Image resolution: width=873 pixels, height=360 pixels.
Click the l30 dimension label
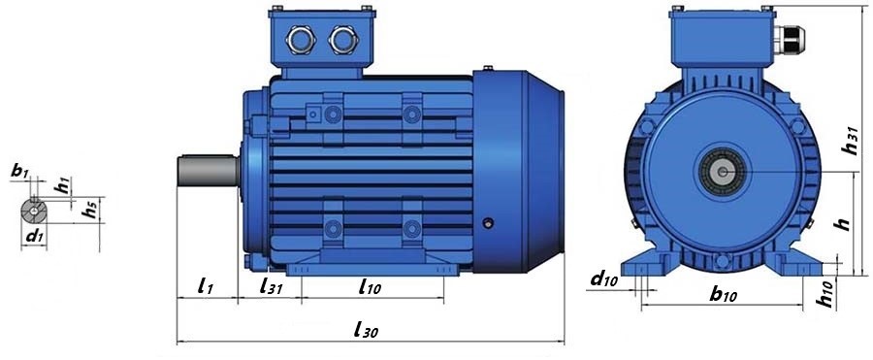coord(366,330)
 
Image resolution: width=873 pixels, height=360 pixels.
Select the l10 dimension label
coord(371,287)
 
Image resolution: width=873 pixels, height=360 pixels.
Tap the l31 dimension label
coord(272,287)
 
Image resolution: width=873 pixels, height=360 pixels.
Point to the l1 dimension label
coord(206,286)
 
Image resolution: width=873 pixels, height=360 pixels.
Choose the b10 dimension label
coord(724,294)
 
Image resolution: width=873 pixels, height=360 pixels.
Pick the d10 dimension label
coord(604,279)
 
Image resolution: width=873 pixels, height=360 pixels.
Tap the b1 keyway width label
coord(19,171)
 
